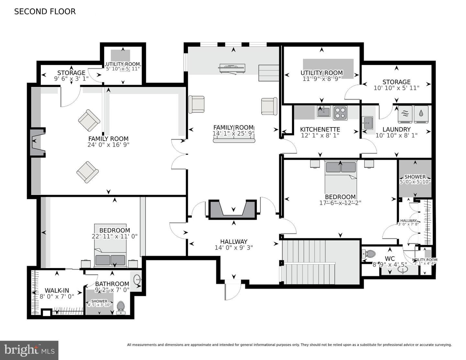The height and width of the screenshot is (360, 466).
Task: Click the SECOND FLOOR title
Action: [45, 12]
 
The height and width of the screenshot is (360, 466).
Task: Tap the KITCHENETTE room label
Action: [320, 129]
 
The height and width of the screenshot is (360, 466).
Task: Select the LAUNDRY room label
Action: [396, 129]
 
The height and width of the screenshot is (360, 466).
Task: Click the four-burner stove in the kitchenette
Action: [340, 113]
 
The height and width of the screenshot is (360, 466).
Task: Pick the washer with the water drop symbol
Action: [421, 114]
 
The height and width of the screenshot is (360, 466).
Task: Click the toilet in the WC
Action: [369, 254]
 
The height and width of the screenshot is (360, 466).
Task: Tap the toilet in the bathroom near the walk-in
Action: [121, 308]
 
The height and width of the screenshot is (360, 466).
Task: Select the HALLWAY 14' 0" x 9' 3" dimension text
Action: [234, 248]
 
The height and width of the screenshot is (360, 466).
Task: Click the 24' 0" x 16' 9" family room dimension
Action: [108, 145]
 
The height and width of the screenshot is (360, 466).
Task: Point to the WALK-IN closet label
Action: [57, 290]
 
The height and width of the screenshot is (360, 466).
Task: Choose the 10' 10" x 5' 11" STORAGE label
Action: [396, 85]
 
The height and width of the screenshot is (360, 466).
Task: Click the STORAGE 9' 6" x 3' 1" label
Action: [71, 76]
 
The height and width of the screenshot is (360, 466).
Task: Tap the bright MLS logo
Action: [29, 350]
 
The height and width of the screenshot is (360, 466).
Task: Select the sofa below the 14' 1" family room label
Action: [234, 141]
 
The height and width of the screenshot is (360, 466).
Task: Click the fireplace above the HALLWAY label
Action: [233, 209]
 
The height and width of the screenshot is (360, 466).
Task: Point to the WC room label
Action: [390, 258]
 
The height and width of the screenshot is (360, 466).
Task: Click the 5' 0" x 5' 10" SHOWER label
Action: [415, 179]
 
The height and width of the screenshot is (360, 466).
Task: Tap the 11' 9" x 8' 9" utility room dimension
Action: [321, 79]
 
